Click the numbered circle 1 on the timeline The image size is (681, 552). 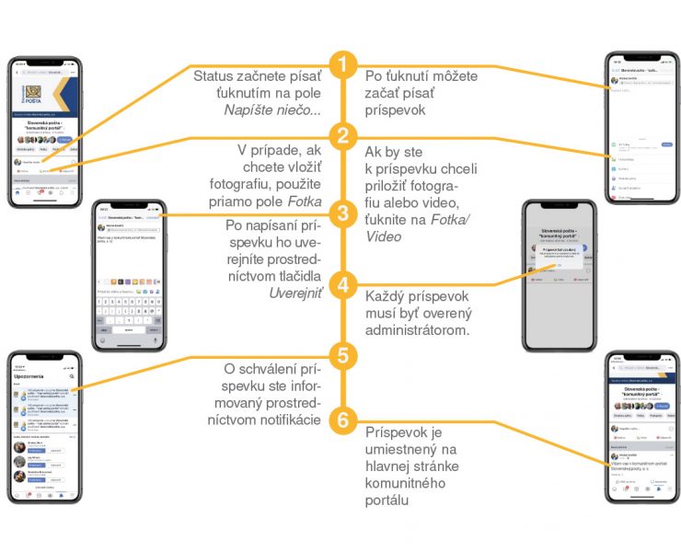pos(342,65)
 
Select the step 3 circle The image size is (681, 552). pos(342,214)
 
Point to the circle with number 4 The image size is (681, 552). pos(342,284)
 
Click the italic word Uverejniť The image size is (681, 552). pos(295,293)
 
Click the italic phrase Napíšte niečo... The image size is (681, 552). pos(272,109)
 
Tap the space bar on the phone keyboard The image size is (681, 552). pos(128,328)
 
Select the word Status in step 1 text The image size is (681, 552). pos(213,75)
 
